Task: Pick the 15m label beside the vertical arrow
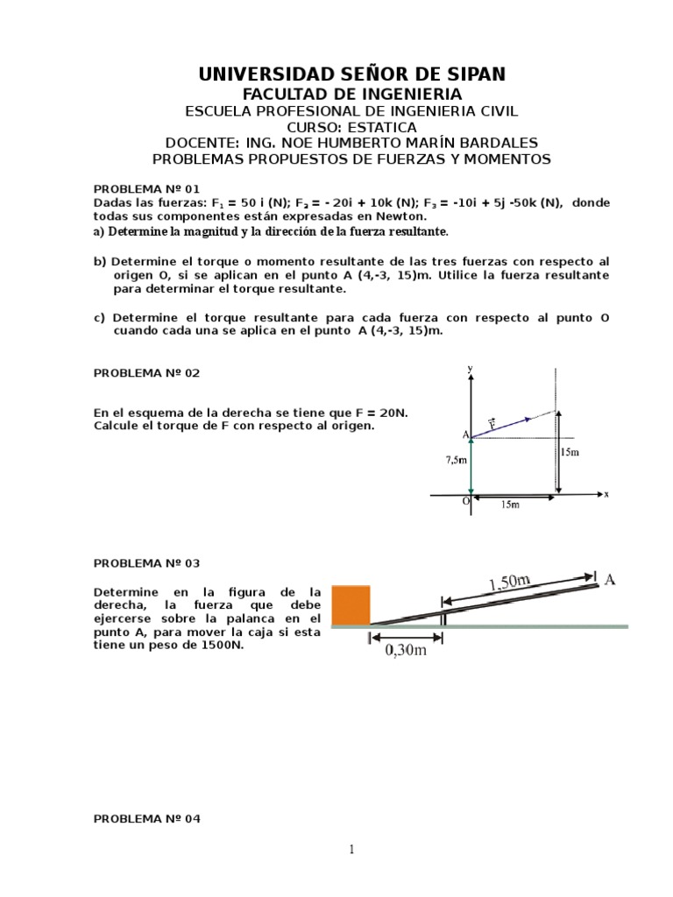click(x=570, y=452)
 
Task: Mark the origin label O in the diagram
click(x=466, y=502)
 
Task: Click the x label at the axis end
click(x=606, y=494)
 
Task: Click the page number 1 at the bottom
click(x=351, y=850)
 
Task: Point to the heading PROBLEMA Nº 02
click(x=146, y=372)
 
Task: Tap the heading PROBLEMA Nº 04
click(x=146, y=818)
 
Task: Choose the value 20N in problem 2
click(x=400, y=412)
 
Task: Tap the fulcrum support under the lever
click(x=443, y=618)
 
